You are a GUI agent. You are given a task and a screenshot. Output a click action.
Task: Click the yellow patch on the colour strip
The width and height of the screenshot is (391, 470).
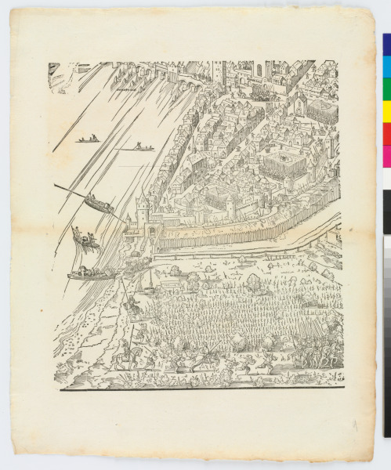386,110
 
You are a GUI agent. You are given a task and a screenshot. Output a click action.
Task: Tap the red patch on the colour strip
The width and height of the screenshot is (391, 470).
386,133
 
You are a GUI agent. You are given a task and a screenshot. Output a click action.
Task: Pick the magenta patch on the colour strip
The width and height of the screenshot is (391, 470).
386,155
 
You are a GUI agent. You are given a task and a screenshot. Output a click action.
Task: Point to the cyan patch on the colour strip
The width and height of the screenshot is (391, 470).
386,65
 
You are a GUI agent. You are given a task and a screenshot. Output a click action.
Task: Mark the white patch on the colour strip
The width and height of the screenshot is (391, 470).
386,179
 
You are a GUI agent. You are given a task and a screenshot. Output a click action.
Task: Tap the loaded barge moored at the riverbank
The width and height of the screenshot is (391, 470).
90,273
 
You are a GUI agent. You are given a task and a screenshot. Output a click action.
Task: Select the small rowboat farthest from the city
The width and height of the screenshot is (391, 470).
88,140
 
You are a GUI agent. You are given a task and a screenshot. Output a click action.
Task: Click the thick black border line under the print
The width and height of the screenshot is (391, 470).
196,388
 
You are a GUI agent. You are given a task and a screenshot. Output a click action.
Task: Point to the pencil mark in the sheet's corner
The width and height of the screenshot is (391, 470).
354,426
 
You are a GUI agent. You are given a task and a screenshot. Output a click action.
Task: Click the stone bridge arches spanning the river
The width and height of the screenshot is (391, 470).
188,76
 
